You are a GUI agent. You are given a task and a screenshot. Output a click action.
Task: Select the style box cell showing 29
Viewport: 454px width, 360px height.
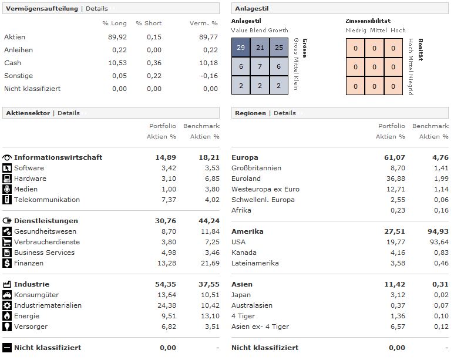click(241, 48)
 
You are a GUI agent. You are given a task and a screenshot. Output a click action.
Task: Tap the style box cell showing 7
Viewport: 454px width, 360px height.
click(260, 67)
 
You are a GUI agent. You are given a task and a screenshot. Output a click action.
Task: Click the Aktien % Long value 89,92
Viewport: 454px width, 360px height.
click(116, 37)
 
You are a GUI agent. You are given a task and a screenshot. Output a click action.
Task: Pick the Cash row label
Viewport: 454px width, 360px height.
click(12, 63)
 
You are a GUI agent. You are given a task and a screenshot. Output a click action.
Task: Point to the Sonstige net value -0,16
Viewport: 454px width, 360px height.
click(208, 76)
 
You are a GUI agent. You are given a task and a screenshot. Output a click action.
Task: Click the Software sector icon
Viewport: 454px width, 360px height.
click(7, 168)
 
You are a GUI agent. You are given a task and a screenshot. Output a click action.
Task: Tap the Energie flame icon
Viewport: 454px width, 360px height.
click(7, 316)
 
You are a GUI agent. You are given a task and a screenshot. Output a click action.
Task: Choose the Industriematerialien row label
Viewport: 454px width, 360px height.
click(48, 305)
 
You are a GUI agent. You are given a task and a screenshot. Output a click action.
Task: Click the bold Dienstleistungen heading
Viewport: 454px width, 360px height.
click(46, 221)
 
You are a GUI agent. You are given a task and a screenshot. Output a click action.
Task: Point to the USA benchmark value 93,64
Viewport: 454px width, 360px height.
click(438, 242)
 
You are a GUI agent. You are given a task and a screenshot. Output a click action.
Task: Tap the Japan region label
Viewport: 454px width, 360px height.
click(241, 295)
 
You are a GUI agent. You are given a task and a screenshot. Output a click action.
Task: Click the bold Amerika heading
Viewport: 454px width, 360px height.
click(247, 231)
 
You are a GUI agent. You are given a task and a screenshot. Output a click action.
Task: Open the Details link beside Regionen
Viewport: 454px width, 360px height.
click(285, 113)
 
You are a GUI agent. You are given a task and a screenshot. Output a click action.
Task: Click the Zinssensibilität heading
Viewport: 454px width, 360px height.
click(368, 21)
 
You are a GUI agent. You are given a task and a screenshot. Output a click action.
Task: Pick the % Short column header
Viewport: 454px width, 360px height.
click(148, 23)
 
